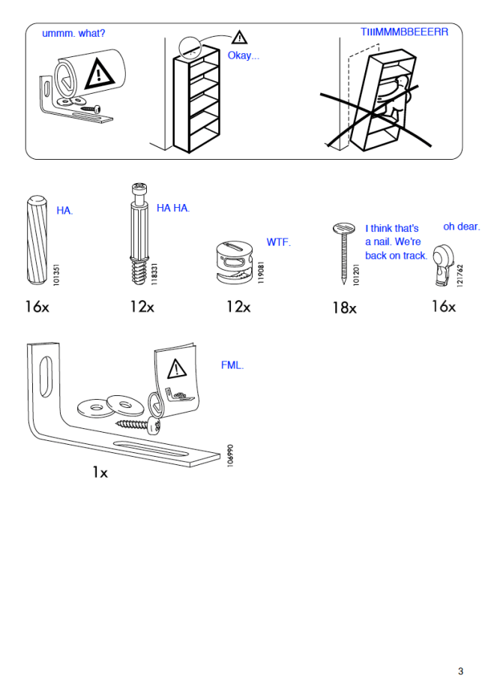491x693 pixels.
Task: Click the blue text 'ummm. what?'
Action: [73, 34]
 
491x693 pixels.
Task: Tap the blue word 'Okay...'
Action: [244, 56]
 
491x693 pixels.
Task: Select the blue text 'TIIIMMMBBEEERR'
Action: [404, 32]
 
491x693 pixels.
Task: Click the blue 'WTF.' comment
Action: [278, 242]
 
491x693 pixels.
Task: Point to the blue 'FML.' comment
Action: [232, 365]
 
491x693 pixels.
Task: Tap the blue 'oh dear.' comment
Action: [461, 226]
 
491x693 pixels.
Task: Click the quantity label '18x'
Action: [345, 307]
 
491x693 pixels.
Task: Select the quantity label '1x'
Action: [100, 472]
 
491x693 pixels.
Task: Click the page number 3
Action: [461, 670]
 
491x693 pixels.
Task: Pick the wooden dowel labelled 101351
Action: [35, 238]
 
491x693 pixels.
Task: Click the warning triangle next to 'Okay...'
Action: [238, 37]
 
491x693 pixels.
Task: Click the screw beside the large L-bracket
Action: [139, 424]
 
